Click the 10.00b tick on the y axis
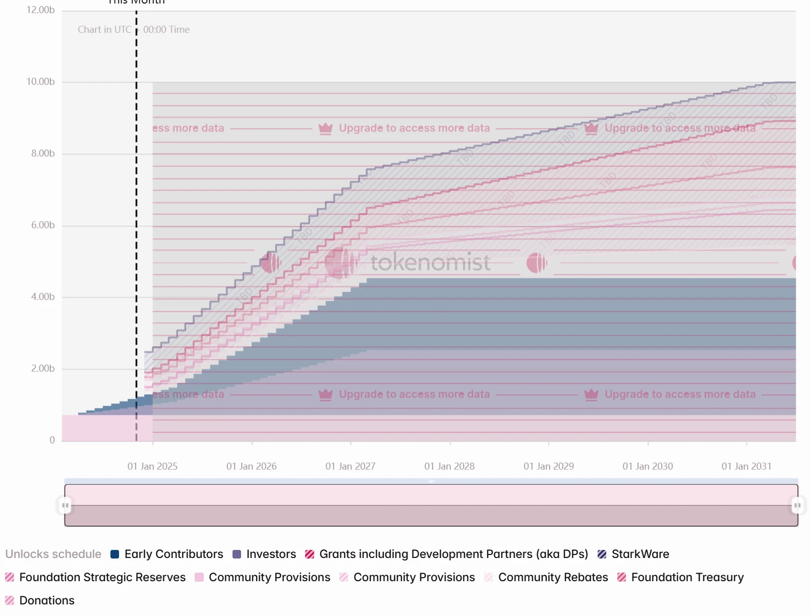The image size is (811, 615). pos(40,82)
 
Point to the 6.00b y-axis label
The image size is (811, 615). pos(43,225)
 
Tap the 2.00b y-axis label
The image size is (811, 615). pos(43,368)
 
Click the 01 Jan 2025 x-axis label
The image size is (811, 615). pos(152,466)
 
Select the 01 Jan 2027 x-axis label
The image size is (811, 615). pos(351,466)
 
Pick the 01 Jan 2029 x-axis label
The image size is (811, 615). pos(549,466)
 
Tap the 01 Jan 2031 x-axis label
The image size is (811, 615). pos(746,466)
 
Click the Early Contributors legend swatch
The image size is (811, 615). pos(115,554)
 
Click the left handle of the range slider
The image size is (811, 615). pos(65,505)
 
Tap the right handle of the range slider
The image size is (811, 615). pos(797,505)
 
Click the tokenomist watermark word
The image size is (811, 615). pos(430,262)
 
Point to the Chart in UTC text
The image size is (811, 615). pos(104,30)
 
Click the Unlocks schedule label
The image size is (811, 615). pos(53,554)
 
